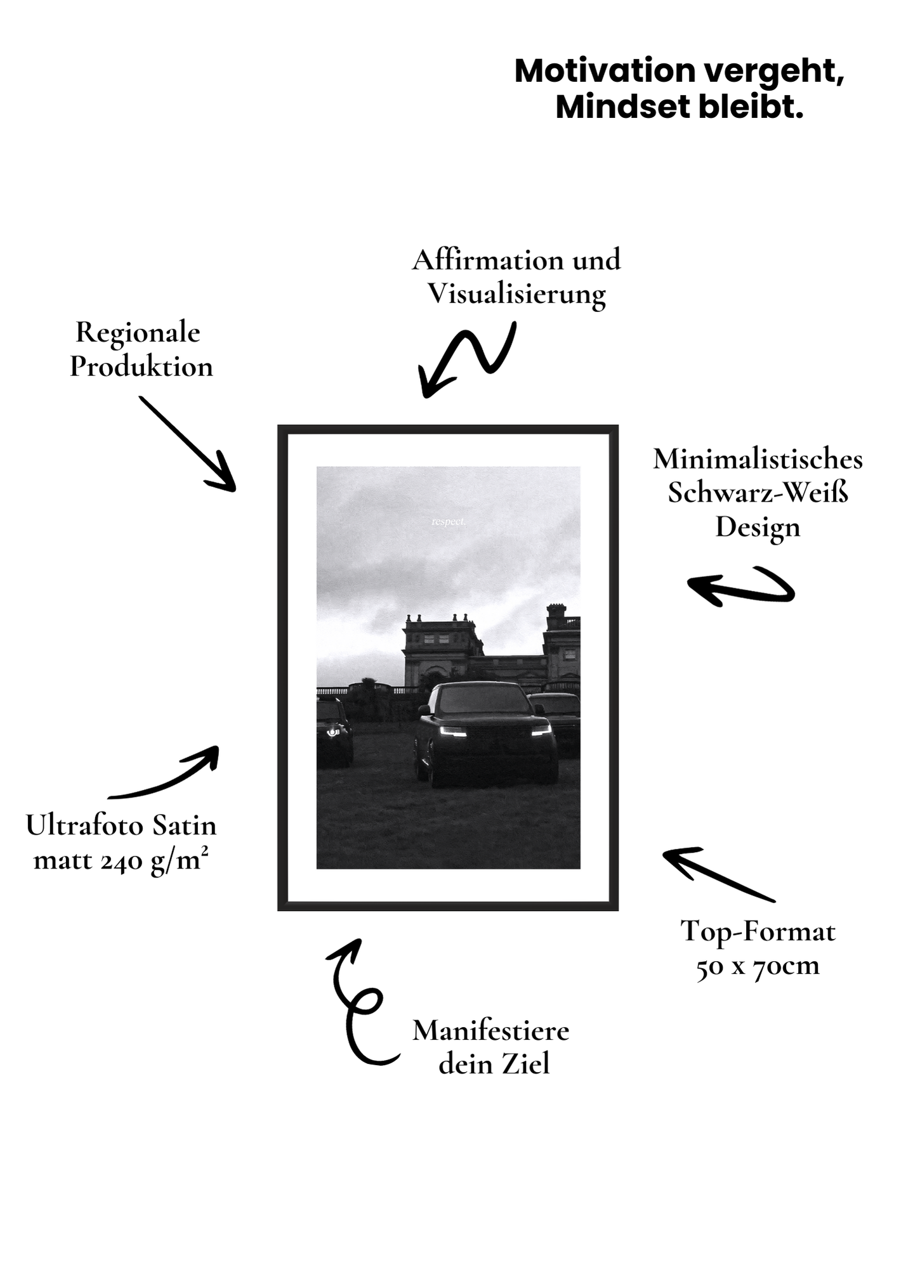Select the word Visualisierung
click(516, 294)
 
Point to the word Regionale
click(138, 332)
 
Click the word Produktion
click(141, 366)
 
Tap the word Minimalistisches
click(758, 459)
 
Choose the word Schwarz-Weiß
click(758, 493)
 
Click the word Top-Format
click(758, 932)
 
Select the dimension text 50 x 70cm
click(758, 966)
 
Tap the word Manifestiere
click(490, 1030)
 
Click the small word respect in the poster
click(449, 522)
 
